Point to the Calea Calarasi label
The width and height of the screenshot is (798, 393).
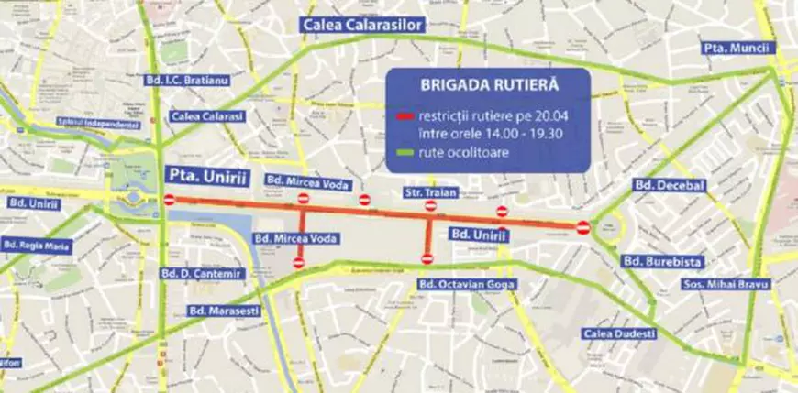click(206, 116)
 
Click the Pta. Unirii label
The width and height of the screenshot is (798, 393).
click(204, 173)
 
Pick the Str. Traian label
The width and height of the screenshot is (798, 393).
click(430, 192)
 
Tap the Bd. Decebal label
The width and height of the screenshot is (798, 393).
click(669, 186)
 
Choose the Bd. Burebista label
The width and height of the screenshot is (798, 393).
click(662, 262)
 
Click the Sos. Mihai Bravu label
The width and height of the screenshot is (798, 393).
click(726, 285)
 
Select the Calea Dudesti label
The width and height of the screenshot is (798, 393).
click(620, 333)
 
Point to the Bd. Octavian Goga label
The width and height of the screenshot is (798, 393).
click(467, 285)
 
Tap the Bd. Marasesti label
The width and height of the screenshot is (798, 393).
click(223, 310)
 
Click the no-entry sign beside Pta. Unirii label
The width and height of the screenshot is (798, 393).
click(170, 200)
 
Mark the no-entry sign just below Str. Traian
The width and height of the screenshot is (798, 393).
click(430, 206)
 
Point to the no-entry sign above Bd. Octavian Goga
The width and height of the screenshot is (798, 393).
click(427, 259)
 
